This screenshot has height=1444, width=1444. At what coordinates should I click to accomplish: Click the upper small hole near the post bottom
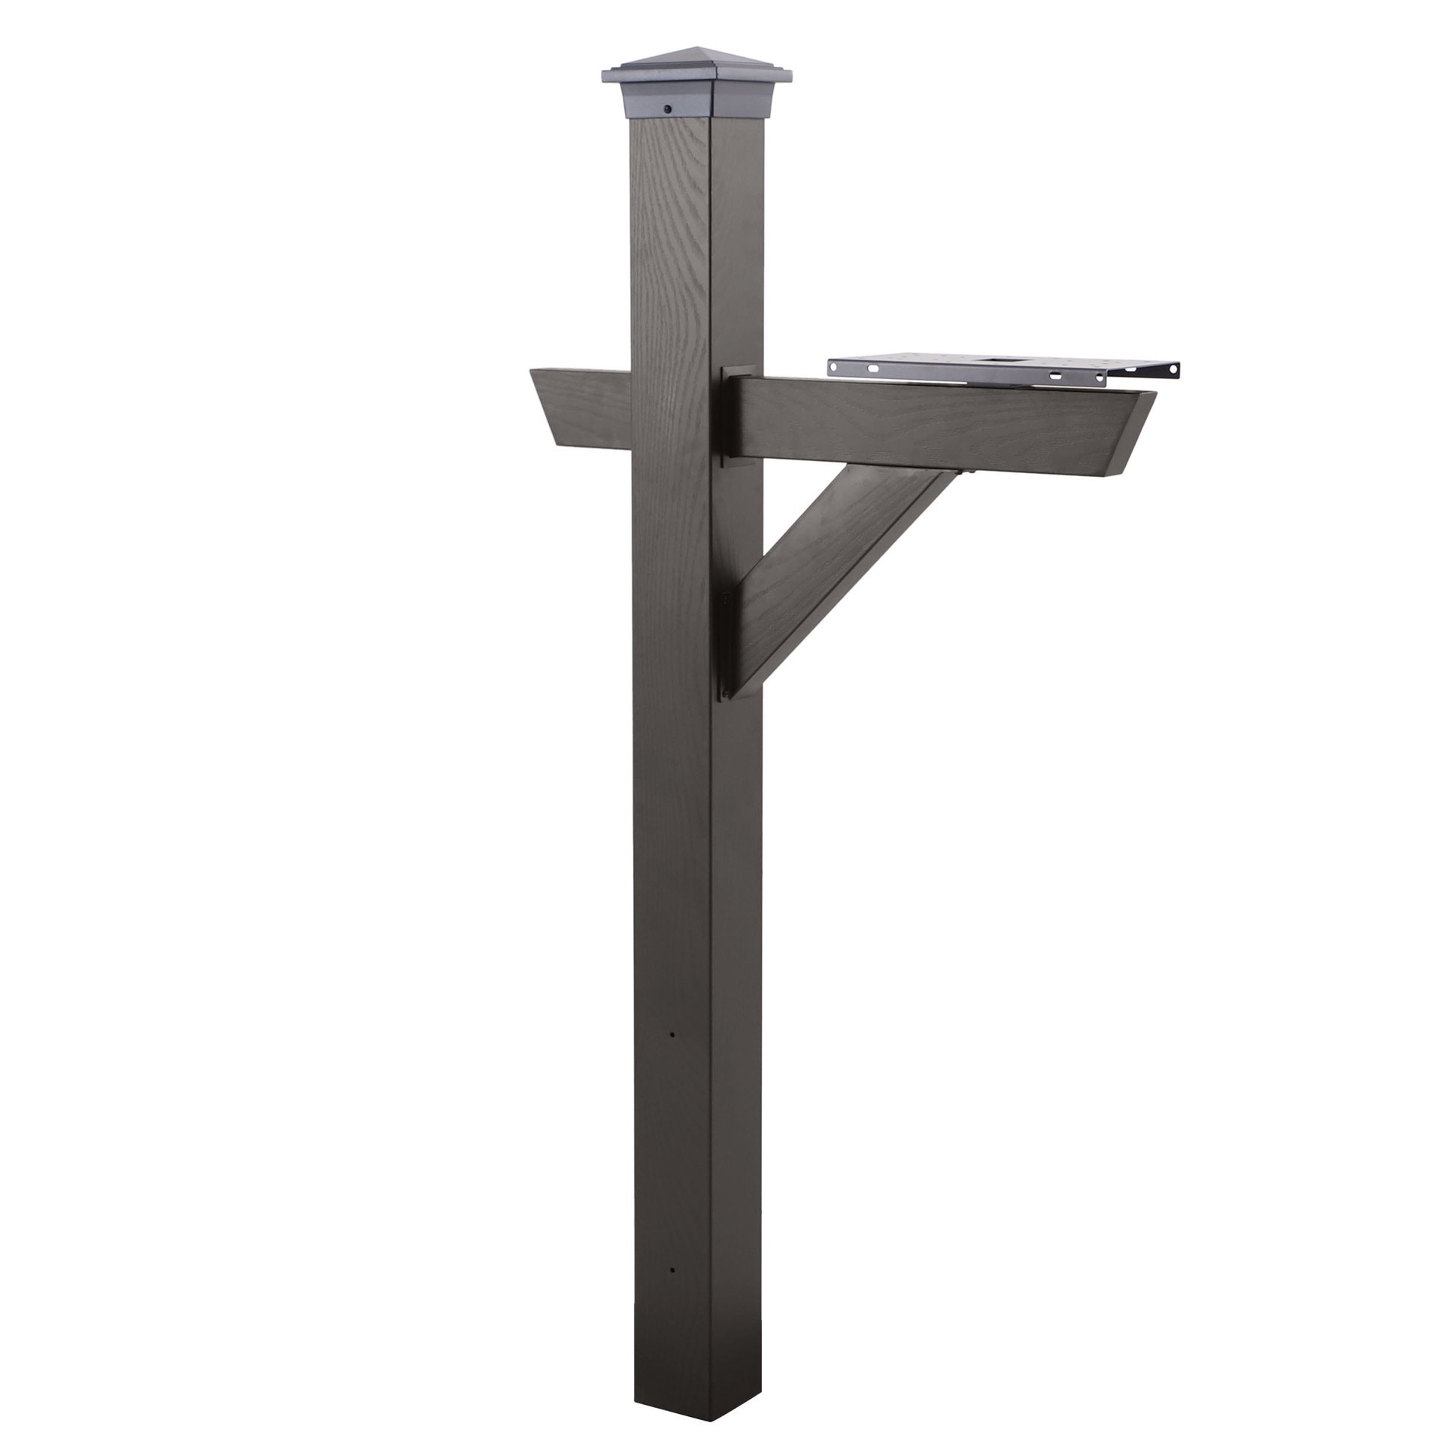click(672, 1036)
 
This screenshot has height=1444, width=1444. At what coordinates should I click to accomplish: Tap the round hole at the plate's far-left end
click(833, 366)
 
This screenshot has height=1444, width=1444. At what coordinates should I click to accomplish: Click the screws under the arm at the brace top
click(965, 472)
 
